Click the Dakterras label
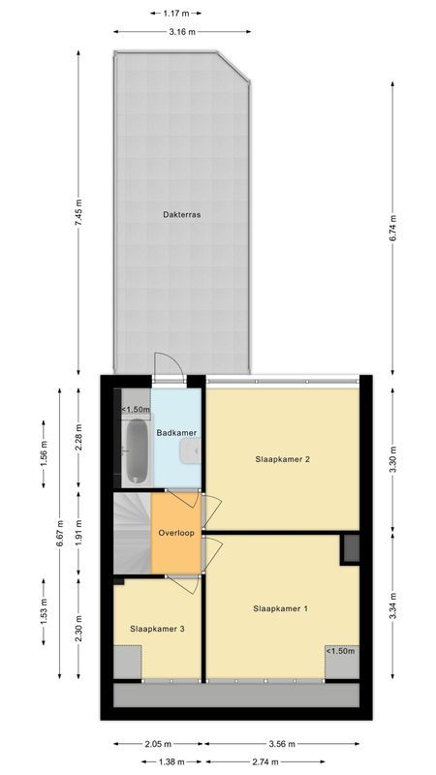click(181, 215)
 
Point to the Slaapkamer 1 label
click(280, 609)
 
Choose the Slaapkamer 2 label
click(282, 459)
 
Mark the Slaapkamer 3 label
click(157, 629)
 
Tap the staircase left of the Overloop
click(132, 533)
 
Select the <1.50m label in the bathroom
click(135, 410)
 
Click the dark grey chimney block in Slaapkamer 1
click(350, 549)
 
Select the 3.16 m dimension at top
click(182, 32)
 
